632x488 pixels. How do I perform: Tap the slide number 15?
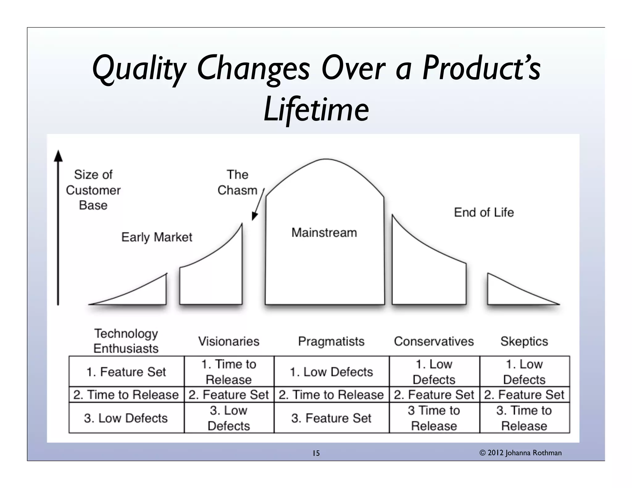pyautogui.click(x=316, y=453)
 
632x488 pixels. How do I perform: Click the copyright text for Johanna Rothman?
pyautogui.click(x=521, y=453)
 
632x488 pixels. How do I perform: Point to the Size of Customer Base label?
pyautogui.click(x=93, y=190)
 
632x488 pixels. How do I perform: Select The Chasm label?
pyautogui.click(x=237, y=183)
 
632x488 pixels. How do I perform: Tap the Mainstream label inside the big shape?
pyautogui.click(x=324, y=233)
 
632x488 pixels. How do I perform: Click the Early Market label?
pyautogui.click(x=157, y=237)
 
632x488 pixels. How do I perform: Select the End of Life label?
pyautogui.click(x=484, y=213)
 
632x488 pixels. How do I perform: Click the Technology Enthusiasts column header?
pyautogui.click(x=126, y=341)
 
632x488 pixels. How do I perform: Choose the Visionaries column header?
pyautogui.click(x=229, y=341)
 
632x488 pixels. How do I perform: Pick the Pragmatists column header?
pyautogui.click(x=331, y=341)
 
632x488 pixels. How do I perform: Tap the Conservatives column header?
pyautogui.click(x=434, y=341)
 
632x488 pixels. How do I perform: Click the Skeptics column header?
pyautogui.click(x=524, y=341)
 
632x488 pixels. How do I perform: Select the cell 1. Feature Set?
pyautogui.click(x=126, y=372)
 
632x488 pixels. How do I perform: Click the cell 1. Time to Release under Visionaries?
pyautogui.click(x=229, y=372)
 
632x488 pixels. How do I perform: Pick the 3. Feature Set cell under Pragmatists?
pyautogui.click(x=331, y=418)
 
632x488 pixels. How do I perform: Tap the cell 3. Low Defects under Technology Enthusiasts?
pyautogui.click(x=126, y=418)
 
